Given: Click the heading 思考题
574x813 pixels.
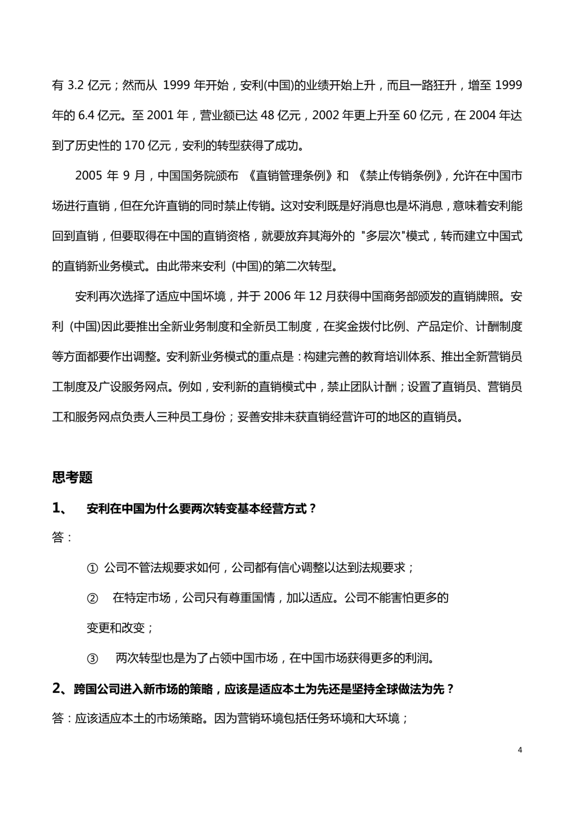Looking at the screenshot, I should [72, 477].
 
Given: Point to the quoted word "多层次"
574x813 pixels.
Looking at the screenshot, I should [381, 236].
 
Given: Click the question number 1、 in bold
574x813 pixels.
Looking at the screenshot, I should [60, 509].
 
